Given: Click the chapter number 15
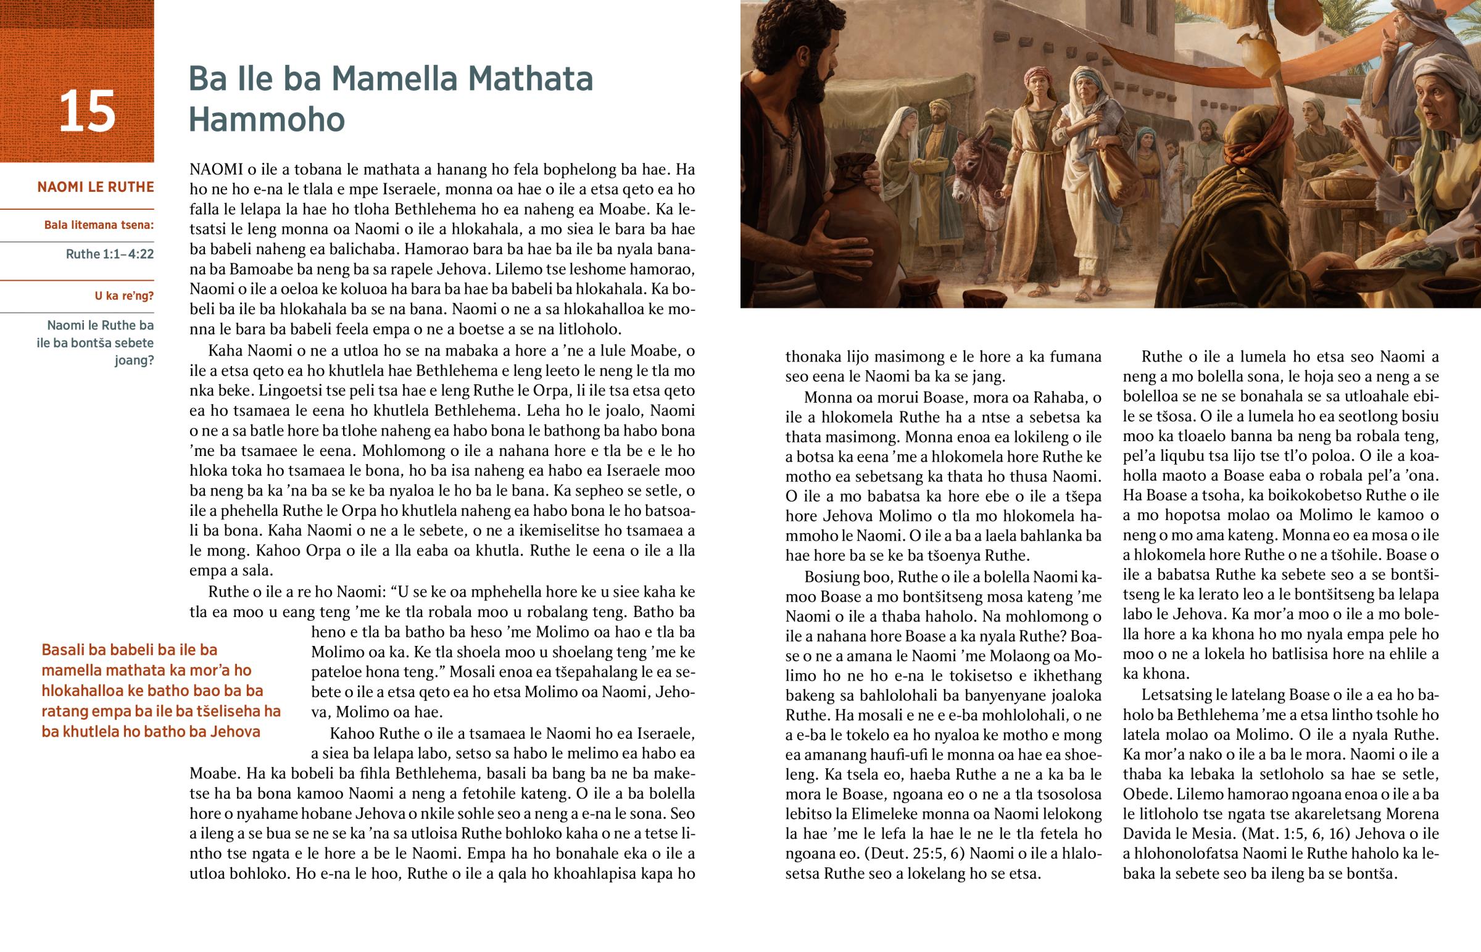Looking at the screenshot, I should pos(87,112).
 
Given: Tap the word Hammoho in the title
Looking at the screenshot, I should pos(267,119).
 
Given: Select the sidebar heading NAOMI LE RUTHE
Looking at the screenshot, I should pos(96,188).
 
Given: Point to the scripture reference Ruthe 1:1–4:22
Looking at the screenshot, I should pos(109,254).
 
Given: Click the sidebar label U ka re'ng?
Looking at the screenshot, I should pos(123,296).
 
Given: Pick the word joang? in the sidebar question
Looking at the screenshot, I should pos(133,360).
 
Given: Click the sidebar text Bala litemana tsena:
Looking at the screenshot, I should pos(99,225).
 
